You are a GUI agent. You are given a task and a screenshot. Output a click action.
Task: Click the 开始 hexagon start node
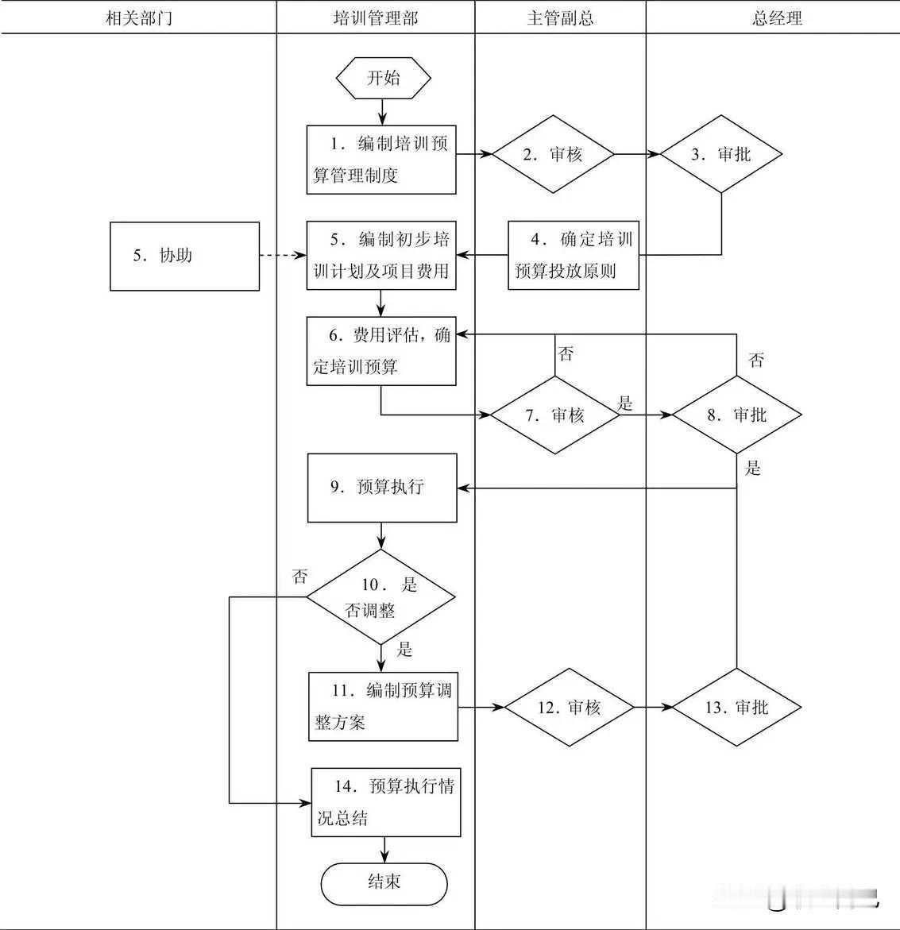click(x=384, y=78)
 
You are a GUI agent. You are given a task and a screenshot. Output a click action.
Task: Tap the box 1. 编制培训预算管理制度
click(x=381, y=160)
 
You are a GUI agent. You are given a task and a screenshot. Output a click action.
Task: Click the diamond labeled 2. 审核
click(x=553, y=154)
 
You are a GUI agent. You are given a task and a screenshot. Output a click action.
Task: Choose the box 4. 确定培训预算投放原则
click(x=574, y=255)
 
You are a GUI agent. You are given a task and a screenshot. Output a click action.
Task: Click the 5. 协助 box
click(x=184, y=256)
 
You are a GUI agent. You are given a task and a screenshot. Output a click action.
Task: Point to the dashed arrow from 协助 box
click(x=283, y=256)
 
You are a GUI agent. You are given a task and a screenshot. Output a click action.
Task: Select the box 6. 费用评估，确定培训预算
click(x=381, y=351)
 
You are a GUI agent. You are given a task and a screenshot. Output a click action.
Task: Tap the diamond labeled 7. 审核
click(x=554, y=415)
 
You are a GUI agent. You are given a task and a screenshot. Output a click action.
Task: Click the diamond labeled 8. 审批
click(x=736, y=415)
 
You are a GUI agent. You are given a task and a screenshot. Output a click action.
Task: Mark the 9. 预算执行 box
click(x=382, y=488)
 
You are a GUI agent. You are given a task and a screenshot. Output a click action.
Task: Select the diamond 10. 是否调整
click(x=381, y=596)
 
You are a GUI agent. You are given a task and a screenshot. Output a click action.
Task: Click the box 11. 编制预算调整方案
click(x=383, y=706)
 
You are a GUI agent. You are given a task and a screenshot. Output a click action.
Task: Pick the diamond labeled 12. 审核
click(x=570, y=707)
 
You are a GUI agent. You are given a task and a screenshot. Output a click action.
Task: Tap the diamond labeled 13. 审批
click(x=736, y=707)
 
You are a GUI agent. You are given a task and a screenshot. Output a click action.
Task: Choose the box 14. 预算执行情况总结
click(x=385, y=801)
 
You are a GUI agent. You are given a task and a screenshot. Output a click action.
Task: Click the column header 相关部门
click(x=138, y=18)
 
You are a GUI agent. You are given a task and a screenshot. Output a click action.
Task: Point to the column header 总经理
click(x=777, y=18)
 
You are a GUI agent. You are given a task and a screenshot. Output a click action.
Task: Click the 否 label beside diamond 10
click(x=299, y=577)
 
